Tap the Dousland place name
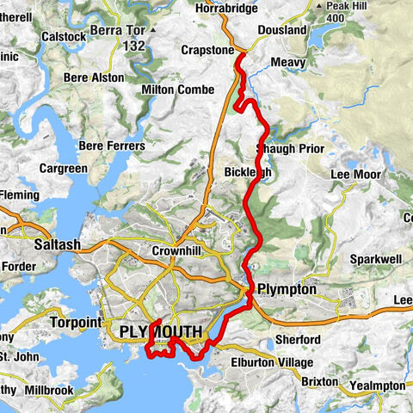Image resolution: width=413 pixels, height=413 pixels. click(281, 30)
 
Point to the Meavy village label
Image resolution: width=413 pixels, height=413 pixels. click(287, 63)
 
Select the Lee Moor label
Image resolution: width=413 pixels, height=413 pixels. click(354, 175)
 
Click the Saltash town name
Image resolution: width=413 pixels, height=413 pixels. click(57, 245)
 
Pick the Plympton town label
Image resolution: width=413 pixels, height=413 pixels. click(287, 290)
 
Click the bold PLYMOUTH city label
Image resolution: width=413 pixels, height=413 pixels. click(161, 332)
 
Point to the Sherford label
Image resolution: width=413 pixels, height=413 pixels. click(299, 340)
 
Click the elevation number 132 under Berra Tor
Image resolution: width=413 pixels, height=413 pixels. click(133, 45)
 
